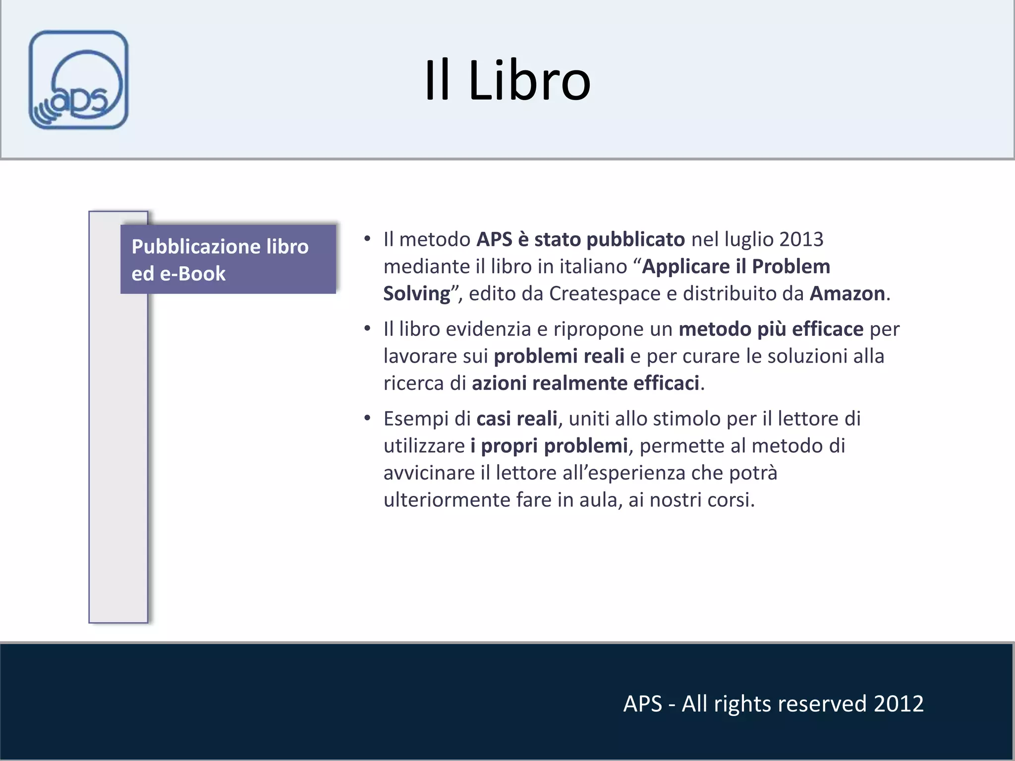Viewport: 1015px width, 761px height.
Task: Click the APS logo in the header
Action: (x=78, y=80)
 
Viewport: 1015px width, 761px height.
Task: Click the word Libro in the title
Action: (x=529, y=81)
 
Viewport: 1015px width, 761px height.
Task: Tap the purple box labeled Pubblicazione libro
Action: (x=228, y=259)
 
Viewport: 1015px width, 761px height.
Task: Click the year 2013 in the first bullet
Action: (x=800, y=239)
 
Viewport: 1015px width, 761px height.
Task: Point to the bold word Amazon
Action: (x=847, y=294)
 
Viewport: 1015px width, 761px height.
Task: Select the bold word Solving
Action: (x=416, y=294)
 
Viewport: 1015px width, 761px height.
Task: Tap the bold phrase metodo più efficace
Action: (x=771, y=329)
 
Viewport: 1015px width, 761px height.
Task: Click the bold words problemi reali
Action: (x=559, y=356)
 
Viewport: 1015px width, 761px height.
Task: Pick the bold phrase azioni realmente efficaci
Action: (x=585, y=383)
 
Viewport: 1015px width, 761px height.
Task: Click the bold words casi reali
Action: (x=516, y=419)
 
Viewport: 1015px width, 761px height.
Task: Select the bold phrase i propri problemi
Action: (x=549, y=446)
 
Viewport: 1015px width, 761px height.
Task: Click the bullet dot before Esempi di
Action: (x=367, y=419)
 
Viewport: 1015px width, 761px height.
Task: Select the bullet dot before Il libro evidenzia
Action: (x=367, y=329)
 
